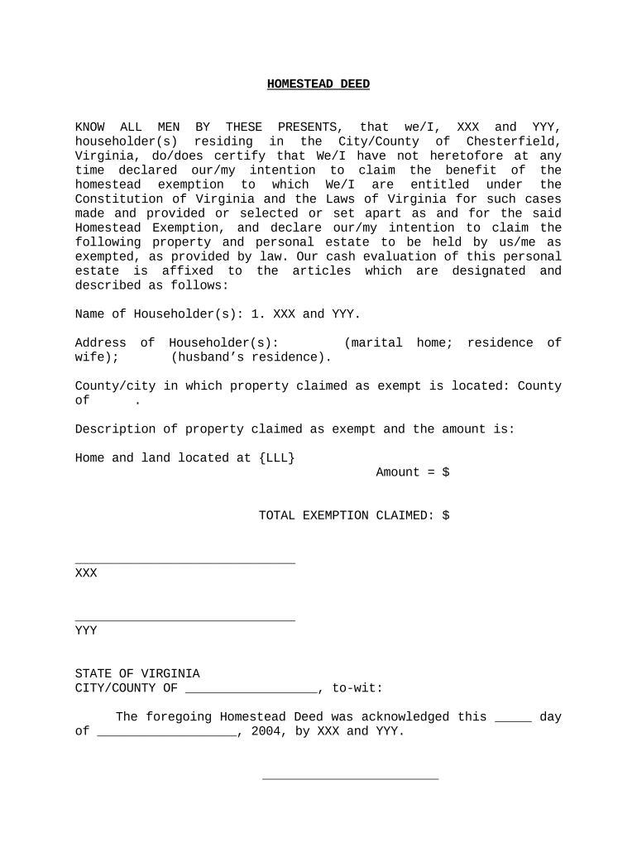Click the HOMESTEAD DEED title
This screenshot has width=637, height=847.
click(318, 84)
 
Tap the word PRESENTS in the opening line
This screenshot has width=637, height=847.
click(307, 127)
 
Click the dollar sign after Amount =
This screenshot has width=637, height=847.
click(446, 472)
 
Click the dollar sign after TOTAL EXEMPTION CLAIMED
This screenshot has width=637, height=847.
click(446, 515)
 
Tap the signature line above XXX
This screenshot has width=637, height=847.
click(184, 562)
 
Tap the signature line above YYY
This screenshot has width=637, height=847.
click(184, 620)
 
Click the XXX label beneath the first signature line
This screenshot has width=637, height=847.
click(86, 572)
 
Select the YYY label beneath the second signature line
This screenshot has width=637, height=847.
click(86, 630)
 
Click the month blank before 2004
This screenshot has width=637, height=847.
click(167, 733)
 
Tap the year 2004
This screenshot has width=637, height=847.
click(266, 731)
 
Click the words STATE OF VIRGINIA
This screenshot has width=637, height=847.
click(137, 674)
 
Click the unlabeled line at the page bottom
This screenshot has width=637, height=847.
click(350, 778)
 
